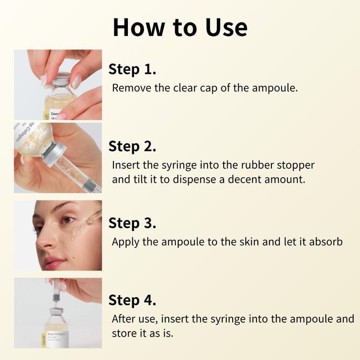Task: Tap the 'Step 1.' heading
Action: tap(132, 70)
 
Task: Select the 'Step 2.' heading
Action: tap(132, 147)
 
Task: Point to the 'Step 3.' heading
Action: tap(132, 223)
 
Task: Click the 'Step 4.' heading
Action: tap(132, 300)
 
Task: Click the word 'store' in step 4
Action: tap(124, 334)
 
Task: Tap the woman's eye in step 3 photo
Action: tap(67, 220)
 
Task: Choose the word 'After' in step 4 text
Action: tap(124, 319)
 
